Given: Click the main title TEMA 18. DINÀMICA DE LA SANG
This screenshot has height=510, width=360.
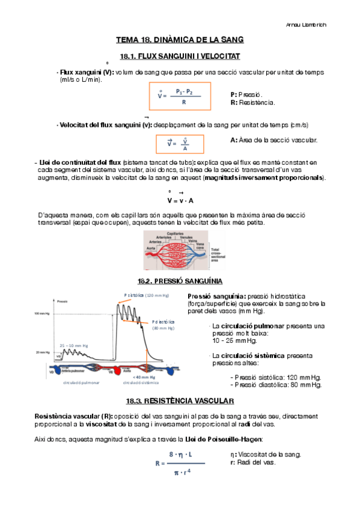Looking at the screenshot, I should click(180, 40).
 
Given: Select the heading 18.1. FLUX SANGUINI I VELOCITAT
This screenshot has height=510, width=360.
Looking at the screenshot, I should click(180, 56).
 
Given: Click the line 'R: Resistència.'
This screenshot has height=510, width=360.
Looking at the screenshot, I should click(252, 103).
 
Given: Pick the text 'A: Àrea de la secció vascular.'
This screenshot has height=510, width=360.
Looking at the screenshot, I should click(273, 140).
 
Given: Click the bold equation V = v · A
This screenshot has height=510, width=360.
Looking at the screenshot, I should click(180, 200).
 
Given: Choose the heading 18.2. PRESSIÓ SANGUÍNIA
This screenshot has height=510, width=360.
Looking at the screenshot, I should click(180, 281).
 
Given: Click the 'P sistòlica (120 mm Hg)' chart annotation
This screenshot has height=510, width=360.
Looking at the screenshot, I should click(146, 295).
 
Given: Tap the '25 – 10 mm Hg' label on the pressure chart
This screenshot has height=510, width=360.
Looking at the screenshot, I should click(75, 345).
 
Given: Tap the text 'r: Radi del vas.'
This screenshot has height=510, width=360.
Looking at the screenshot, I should click(253, 462).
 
